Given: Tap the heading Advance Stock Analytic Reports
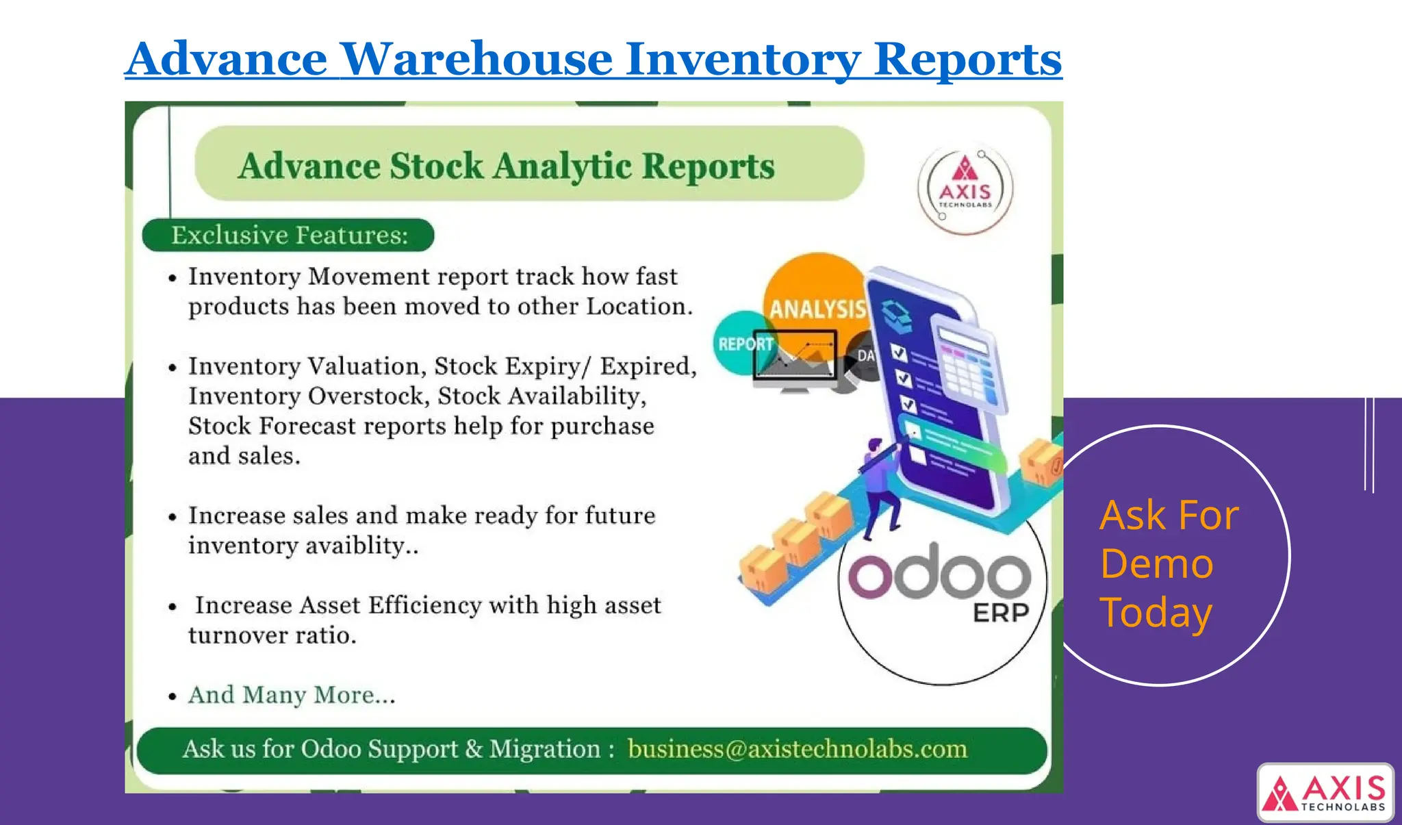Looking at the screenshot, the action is coord(506,166).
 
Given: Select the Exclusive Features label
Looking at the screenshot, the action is coord(289,236).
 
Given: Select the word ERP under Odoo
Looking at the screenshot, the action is coord(1000,613).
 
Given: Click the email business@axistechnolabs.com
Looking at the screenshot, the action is coord(797,749).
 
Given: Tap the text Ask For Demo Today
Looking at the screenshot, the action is coord(1168,563).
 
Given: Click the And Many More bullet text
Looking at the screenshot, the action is coord(292,695).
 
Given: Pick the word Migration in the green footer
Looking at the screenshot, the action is coord(544,749).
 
